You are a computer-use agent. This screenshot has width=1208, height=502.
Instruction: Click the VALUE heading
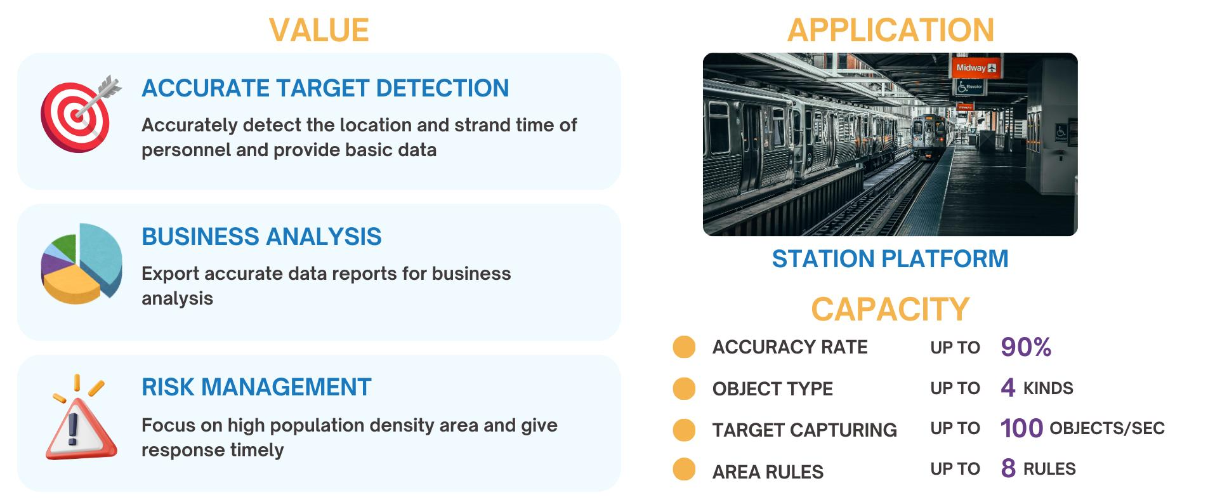click(x=318, y=30)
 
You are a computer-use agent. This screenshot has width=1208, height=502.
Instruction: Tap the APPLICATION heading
click(x=891, y=30)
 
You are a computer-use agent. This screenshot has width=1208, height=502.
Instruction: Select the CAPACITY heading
click(x=890, y=309)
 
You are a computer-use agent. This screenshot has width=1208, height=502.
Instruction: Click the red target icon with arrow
click(x=80, y=113)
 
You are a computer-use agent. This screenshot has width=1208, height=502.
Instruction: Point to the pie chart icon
click(x=81, y=263)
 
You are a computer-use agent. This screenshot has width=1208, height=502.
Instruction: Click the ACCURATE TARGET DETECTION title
click(x=325, y=88)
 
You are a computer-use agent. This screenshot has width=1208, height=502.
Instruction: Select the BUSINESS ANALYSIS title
click(x=261, y=237)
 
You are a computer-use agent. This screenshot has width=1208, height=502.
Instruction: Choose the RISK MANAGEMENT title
click(x=256, y=387)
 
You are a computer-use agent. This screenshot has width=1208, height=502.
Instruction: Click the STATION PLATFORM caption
click(x=890, y=259)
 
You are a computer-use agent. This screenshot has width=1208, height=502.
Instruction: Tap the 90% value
click(x=1026, y=347)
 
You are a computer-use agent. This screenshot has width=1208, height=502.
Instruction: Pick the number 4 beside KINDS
click(x=1008, y=388)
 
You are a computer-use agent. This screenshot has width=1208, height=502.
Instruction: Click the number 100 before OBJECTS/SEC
click(x=1021, y=428)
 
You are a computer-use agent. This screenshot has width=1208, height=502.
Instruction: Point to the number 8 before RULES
click(x=1008, y=468)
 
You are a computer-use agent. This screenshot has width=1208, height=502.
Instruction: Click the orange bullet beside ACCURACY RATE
click(x=684, y=347)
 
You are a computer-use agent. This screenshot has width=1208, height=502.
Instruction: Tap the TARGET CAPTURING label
click(x=804, y=430)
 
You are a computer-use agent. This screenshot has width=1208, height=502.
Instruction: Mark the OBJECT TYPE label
click(x=773, y=388)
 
